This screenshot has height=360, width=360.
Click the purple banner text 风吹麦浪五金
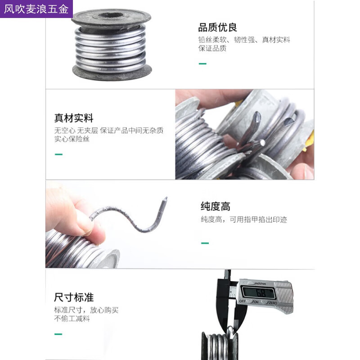coord(36,9)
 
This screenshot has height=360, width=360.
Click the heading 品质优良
coord(217,27)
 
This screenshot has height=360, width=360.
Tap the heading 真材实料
coord(74,118)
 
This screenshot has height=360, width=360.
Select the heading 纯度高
coord(216,206)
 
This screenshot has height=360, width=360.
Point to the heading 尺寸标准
coord(74,297)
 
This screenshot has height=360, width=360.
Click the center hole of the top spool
coord(111,16)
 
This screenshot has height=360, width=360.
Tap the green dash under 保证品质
coord(202,63)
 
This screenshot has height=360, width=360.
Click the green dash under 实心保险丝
coord(58,154)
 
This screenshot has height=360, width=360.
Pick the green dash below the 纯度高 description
coord(205,243)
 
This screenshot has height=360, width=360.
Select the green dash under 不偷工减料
coord(58,334)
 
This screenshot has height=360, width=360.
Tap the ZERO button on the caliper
coord(273,303)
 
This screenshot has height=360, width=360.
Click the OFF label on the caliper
coord(243,301)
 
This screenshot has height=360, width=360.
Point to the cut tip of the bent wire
coord(165,199)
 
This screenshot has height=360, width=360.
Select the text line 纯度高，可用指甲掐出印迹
coord(244,220)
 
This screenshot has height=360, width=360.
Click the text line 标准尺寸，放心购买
coord(86,310)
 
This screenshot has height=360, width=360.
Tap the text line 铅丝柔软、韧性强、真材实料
coord(244,40)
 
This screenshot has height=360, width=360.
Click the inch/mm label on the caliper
coord(261,283)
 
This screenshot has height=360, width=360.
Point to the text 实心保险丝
coord(72,139)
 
